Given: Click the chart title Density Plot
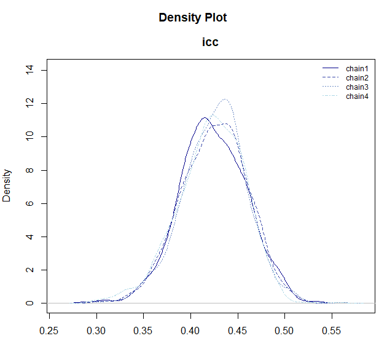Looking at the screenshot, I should pos(193,18).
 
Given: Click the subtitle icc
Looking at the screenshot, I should pos(211,42).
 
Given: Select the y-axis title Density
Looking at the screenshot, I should pos(7,186).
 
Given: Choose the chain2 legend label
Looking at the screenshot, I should pos(357,77).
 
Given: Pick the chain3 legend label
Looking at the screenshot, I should pos(357,87).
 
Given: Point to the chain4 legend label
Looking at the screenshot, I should pos(357,96).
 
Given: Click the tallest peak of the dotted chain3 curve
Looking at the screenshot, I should pos(225,100).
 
